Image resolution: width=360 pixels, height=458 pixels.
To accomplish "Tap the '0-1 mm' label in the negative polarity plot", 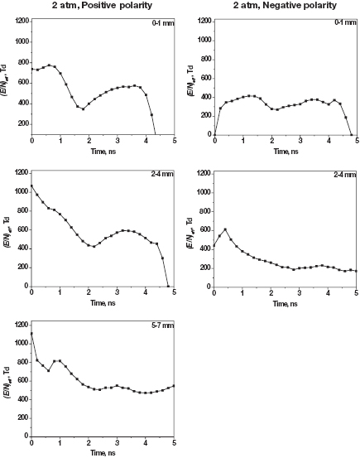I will click(345, 26).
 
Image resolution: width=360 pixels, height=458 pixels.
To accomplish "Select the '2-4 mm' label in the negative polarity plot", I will click(345, 176).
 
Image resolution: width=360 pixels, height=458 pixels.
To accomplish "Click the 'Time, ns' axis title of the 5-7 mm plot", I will click(103, 452).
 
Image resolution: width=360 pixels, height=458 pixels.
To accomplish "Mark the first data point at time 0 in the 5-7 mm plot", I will click(31, 334).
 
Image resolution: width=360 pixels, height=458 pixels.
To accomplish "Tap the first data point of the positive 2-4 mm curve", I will click(31, 186).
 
